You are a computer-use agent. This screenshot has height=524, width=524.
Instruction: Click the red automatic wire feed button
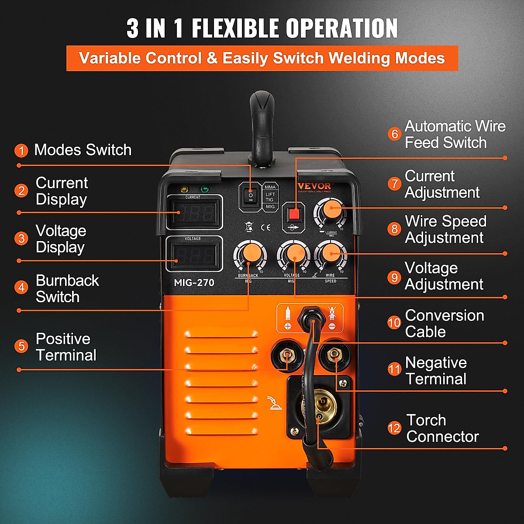coord(294,214)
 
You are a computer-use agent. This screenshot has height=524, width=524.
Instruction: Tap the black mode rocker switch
coord(250,196)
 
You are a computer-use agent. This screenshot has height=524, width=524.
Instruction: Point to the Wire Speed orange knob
coord(331,253)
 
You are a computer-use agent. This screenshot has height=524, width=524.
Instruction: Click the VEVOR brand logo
coord(314,186)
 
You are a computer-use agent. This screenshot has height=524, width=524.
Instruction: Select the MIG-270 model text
coord(194,283)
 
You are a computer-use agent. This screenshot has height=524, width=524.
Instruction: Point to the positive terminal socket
coord(286,355)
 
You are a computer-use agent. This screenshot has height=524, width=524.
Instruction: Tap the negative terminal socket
coord(334,355)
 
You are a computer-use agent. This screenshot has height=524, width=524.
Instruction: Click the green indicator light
coord(203,190)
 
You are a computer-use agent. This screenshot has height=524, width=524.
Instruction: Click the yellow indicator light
coord(184,190)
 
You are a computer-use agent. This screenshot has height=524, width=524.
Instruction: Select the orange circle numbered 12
coord(394,428)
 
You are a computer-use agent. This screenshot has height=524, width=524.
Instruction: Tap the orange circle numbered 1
coord(21,151)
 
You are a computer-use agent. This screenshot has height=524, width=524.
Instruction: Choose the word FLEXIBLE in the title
coord(235,29)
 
